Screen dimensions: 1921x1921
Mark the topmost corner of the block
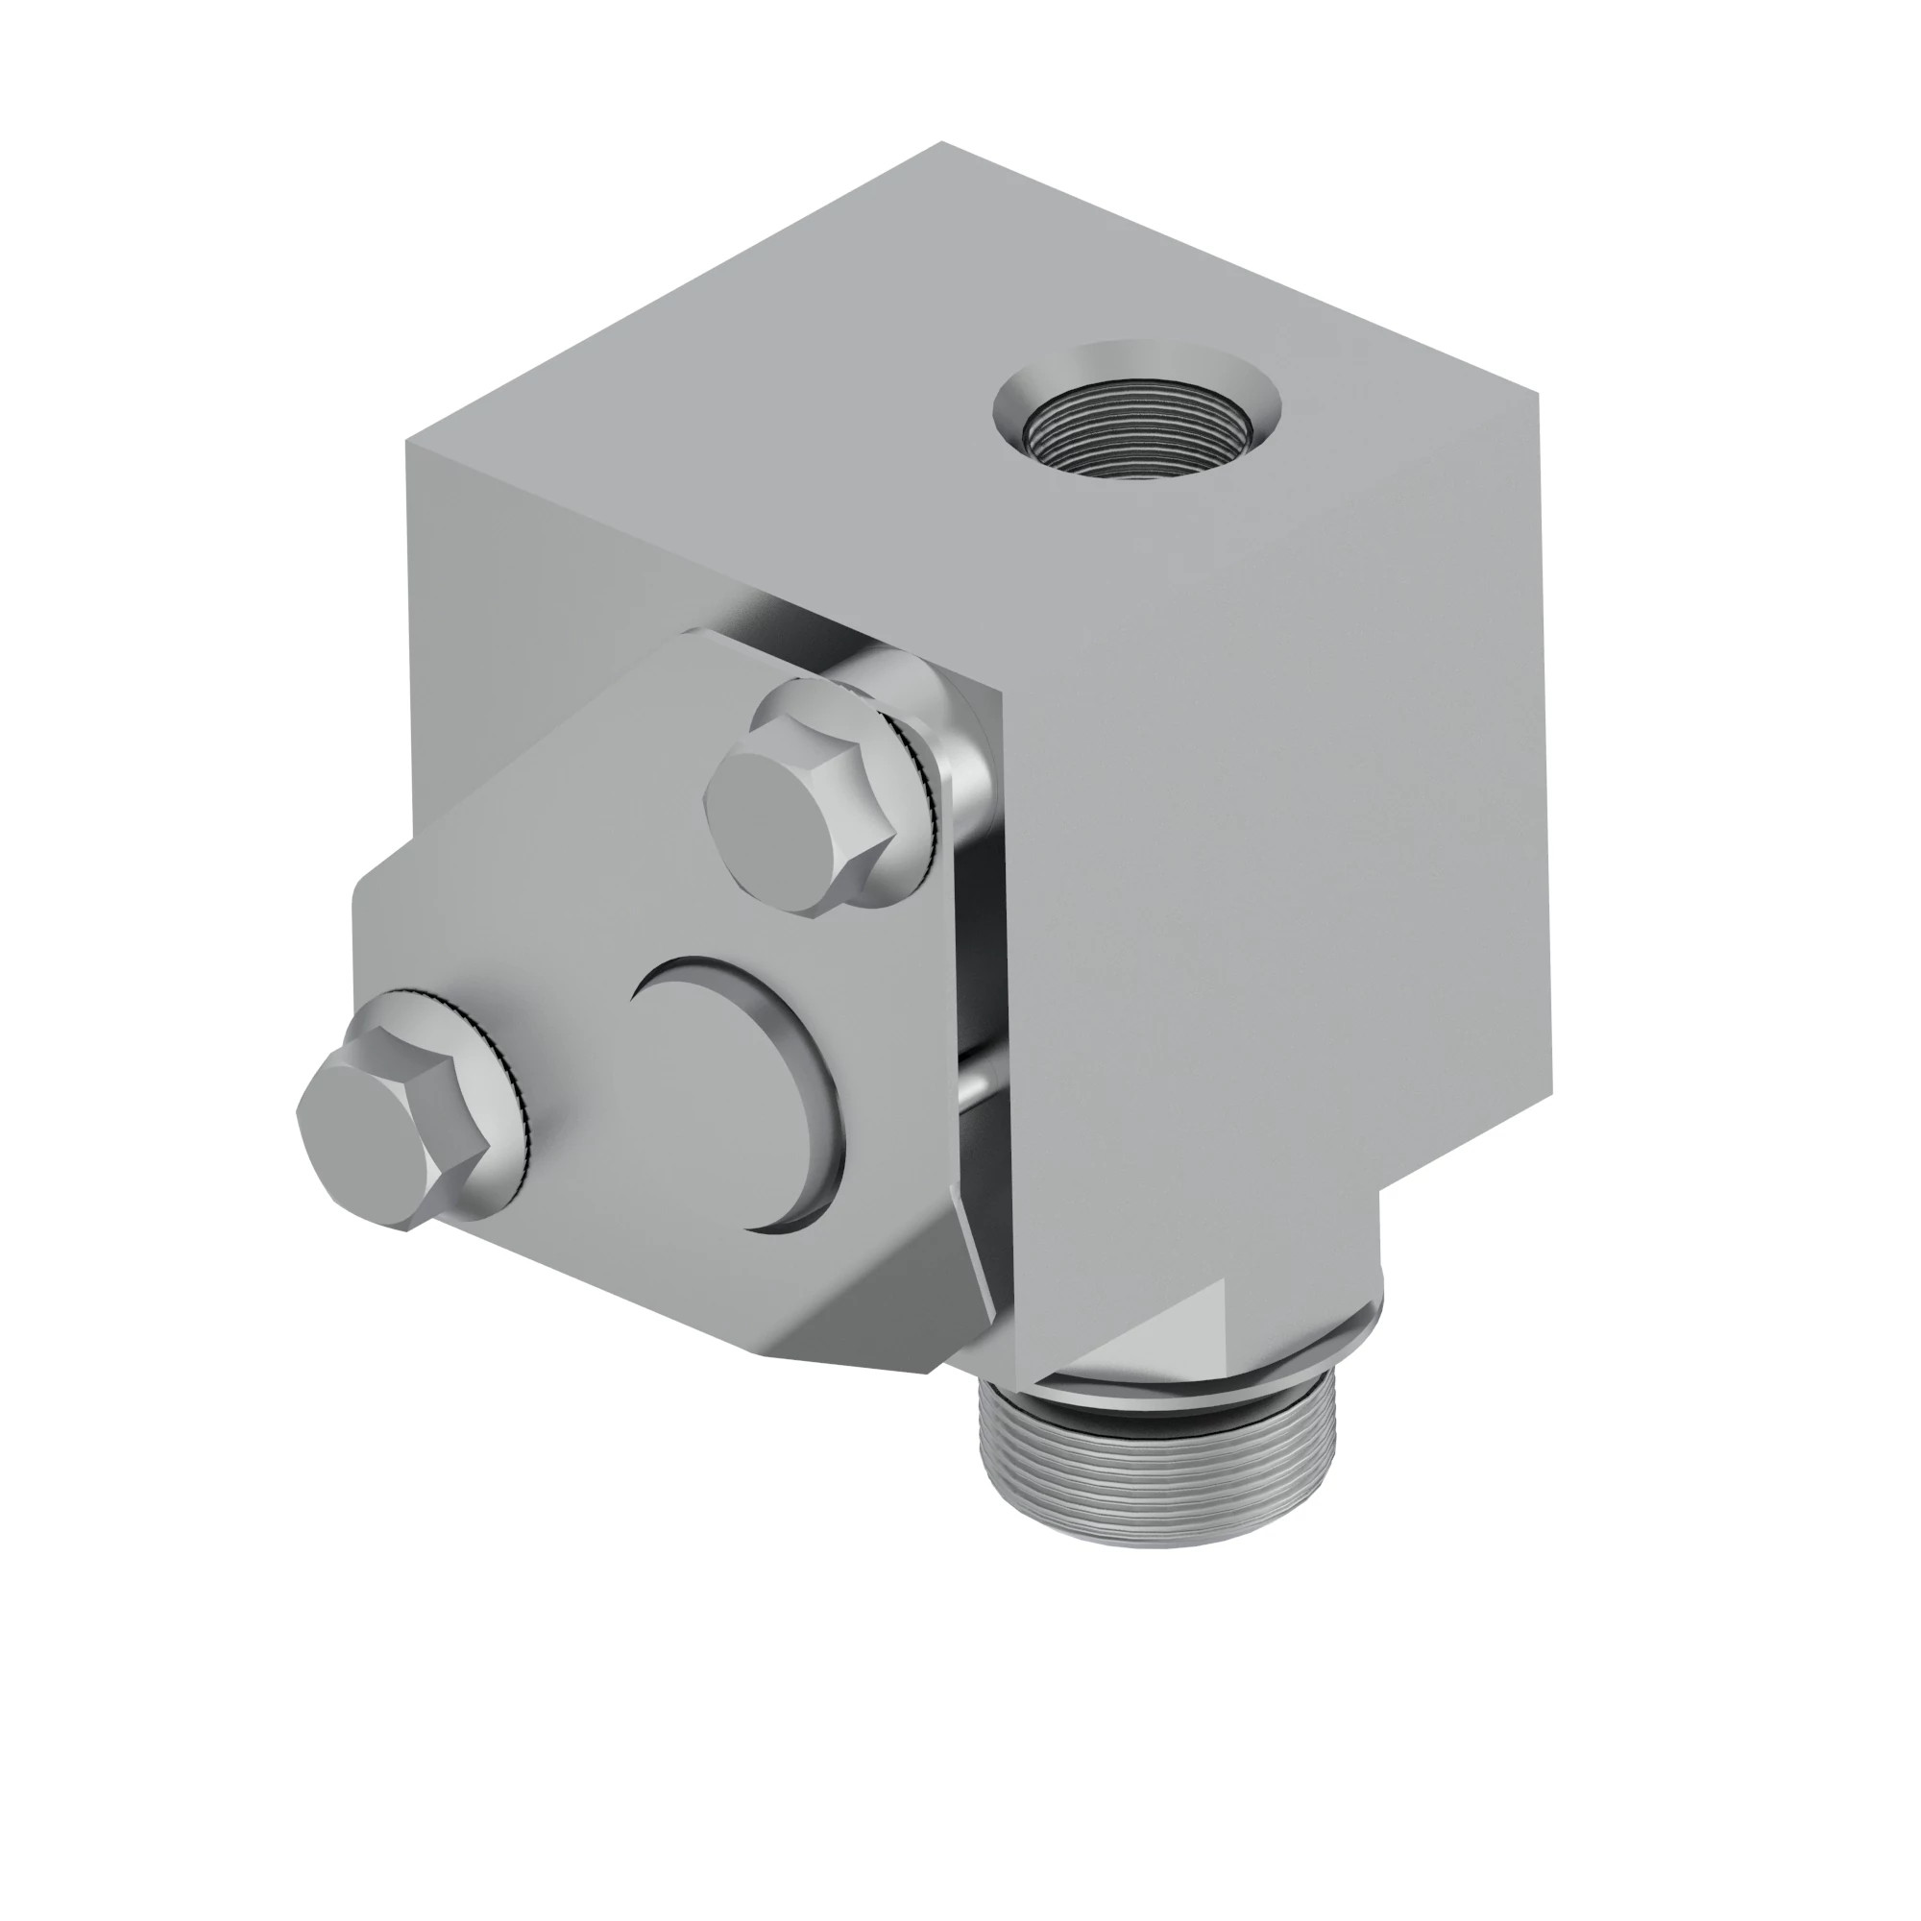point(941,143)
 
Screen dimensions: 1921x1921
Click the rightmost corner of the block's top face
point(1538,395)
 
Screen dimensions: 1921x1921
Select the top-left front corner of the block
point(407,445)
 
